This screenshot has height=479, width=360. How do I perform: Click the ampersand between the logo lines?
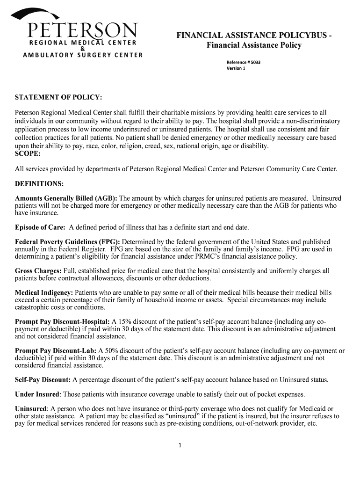click(x=82, y=49)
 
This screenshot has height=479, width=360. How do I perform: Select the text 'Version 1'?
click(x=236, y=68)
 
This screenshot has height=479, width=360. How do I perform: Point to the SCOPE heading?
click(x=28, y=153)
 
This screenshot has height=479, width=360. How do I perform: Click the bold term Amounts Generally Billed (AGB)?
click(x=66, y=198)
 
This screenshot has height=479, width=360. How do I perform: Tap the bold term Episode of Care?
click(x=40, y=228)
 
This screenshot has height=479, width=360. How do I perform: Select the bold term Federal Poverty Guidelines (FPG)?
click(x=67, y=242)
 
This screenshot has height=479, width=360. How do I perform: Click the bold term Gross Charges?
click(x=38, y=271)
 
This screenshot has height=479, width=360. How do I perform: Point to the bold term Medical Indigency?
click(x=44, y=293)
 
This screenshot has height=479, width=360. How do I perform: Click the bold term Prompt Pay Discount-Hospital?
click(x=62, y=322)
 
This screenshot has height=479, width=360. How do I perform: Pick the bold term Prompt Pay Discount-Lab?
click(x=56, y=351)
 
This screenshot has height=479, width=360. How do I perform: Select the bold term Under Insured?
click(x=37, y=394)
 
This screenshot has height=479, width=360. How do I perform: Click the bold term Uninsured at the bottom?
click(x=31, y=408)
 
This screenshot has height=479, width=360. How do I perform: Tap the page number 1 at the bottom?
click(x=180, y=445)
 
